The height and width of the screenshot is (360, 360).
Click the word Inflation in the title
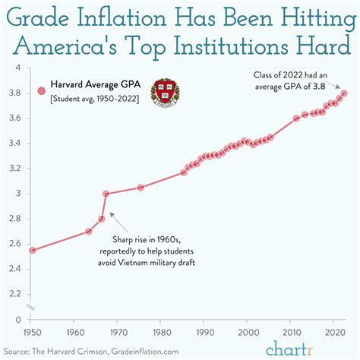tap(128, 17)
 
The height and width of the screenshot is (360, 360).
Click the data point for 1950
tap(32, 250)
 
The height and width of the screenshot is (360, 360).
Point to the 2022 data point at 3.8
tap(344, 93)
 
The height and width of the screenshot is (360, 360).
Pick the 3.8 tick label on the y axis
tap(16, 93)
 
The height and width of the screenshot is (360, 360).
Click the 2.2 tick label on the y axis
tap(16, 292)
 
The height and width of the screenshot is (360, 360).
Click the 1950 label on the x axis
tap(32, 333)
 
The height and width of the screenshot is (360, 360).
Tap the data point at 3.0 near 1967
tap(106, 194)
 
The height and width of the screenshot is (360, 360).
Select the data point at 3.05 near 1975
tap(141, 187)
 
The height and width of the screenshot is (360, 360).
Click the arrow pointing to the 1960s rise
tap(115, 216)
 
